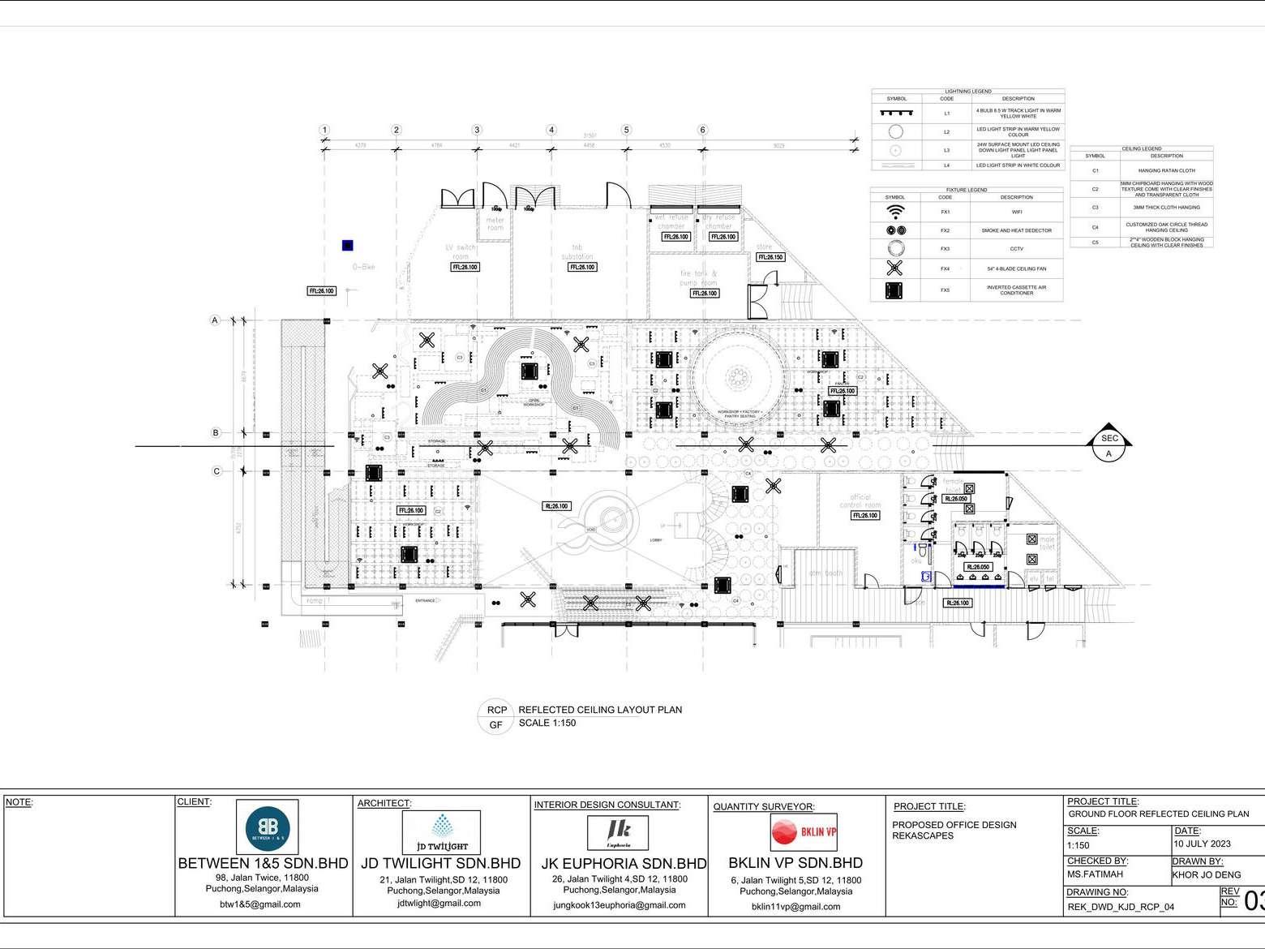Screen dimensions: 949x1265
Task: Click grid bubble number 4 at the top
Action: click(x=551, y=130)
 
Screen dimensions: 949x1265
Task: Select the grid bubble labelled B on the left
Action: click(x=216, y=433)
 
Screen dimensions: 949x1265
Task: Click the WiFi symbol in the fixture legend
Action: click(x=895, y=212)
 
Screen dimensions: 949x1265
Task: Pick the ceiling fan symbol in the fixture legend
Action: click(x=895, y=268)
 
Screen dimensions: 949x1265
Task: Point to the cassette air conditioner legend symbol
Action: click(x=895, y=290)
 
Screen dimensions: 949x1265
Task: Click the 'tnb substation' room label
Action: click(x=578, y=251)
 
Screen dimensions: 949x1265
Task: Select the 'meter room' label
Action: click(x=495, y=223)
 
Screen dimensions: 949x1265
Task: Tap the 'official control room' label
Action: click(x=860, y=501)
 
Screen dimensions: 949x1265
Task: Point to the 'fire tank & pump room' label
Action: click(x=698, y=278)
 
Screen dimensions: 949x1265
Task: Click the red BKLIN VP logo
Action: click(x=804, y=831)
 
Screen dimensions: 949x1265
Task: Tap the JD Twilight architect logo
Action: click(x=441, y=831)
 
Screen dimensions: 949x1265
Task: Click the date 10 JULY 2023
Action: click(x=1203, y=844)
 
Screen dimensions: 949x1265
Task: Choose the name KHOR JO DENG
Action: click(x=1206, y=875)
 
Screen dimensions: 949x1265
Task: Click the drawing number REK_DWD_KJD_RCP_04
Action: click(x=1120, y=908)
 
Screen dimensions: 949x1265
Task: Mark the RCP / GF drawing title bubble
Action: click(x=496, y=717)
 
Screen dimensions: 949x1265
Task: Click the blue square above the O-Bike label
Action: click(x=348, y=245)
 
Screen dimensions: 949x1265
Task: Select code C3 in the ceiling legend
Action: click(x=1095, y=208)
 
